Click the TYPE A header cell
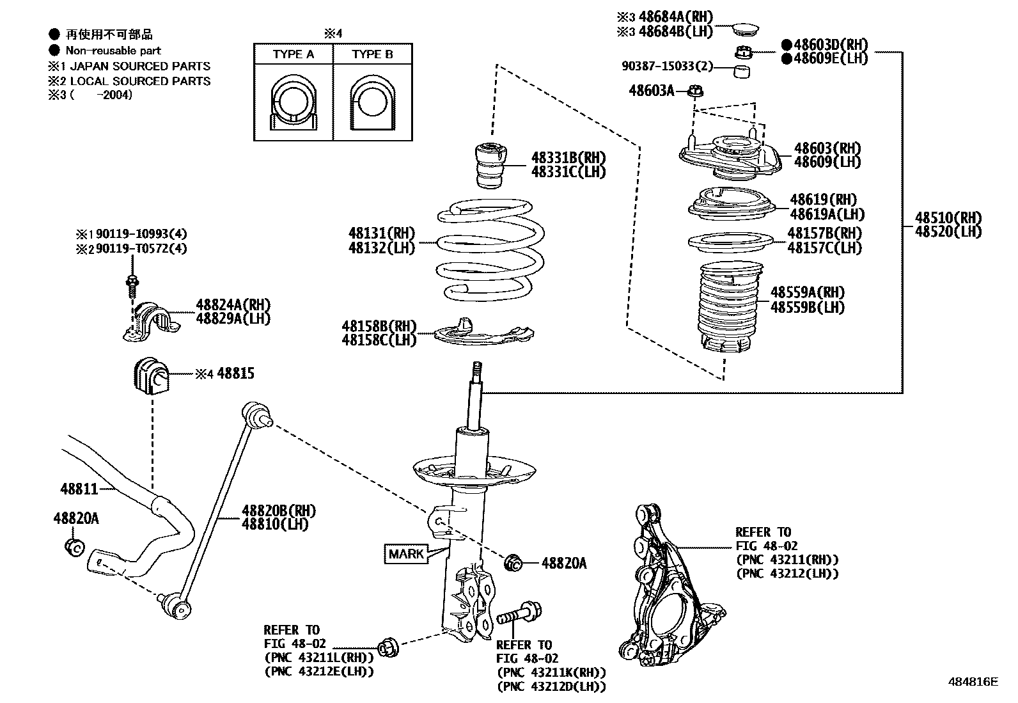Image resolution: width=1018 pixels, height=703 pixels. pos(294,54)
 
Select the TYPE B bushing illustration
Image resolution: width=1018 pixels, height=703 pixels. pos(372,102)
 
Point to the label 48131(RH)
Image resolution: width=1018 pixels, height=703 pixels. pos(382,233)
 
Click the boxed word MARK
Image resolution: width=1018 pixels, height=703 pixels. pos(406,553)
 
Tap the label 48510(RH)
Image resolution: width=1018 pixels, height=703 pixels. pos(948,217)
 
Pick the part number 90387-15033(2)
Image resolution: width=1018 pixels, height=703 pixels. pos(667,67)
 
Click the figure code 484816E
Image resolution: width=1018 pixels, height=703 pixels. pos(972,682)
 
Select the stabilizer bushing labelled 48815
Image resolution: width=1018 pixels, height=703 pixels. pos(151,376)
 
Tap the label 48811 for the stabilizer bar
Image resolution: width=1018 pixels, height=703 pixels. pos(79,489)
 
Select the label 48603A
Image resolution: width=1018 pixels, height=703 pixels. pos(651,91)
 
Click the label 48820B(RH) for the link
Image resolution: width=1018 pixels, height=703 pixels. pos(278,510)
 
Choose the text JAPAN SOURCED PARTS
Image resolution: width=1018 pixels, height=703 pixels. pos(139,66)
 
